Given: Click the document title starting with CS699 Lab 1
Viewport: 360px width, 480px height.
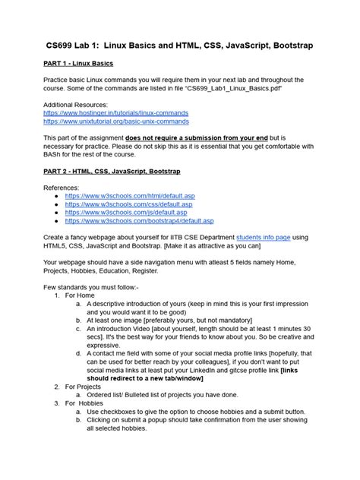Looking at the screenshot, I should coord(179,46).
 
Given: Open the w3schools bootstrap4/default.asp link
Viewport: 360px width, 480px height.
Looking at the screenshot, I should coord(138,221).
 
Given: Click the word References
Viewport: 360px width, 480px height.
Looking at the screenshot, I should coord(62,187).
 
